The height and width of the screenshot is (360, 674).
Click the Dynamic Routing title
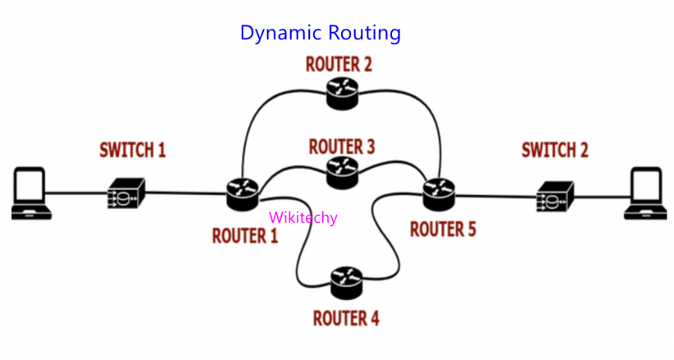click(x=320, y=33)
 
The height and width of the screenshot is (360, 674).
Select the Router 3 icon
click(x=342, y=171)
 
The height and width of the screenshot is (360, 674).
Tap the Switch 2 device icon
click(x=556, y=196)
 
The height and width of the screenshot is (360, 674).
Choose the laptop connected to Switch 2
click(x=646, y=194)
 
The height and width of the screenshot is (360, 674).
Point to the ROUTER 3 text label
click(x=342, y=146)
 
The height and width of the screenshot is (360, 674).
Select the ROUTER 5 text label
click(x=443, y=228)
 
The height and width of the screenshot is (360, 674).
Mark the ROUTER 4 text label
click(x=346, y=317)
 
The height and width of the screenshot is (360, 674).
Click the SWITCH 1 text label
click(x=132, y=150)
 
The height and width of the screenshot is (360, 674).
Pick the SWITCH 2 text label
click(x=555, y=150)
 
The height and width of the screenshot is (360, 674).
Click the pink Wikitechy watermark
click(x=302, y=218)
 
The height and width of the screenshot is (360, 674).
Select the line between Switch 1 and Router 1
click(x=185, y=194)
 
